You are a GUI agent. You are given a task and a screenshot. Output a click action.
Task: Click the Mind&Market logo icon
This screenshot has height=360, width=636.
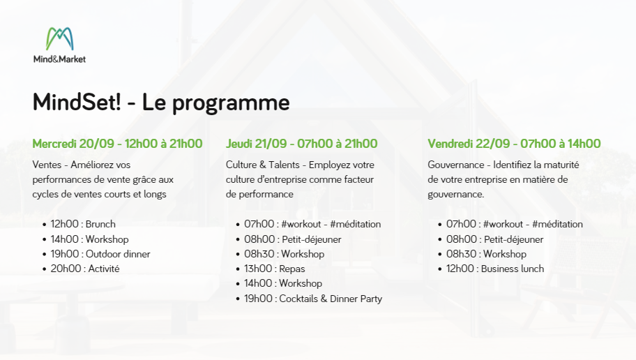[60, 38]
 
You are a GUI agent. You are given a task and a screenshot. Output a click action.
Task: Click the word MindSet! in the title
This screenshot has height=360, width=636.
[77, 102]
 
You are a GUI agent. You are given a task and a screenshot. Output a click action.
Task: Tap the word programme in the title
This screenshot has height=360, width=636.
[231, 104]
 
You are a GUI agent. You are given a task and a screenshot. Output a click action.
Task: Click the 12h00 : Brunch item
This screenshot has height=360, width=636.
[83, 224]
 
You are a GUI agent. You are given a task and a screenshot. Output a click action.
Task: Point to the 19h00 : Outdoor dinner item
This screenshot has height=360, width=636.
[100, 254]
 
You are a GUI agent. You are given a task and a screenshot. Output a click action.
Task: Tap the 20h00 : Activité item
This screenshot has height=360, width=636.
[85, 269]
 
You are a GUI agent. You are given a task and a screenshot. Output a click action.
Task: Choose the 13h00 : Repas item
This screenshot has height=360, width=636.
[274, 269]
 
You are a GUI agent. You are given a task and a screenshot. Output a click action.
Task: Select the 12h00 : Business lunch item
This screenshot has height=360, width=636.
[495, 269]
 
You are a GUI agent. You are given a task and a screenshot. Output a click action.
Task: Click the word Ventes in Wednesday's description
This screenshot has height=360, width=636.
[47, 165]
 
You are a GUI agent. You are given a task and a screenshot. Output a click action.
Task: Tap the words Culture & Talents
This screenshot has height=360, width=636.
[262, 165]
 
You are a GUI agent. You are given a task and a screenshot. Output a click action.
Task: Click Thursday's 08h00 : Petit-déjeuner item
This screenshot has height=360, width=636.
[292, 239]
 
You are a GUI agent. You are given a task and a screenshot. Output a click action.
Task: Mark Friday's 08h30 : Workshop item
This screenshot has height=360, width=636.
[486, 254]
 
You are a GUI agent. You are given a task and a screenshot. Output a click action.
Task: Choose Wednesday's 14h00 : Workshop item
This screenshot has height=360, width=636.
[89, 239]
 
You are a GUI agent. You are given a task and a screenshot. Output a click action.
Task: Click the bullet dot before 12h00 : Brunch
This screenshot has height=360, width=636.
[44, 225]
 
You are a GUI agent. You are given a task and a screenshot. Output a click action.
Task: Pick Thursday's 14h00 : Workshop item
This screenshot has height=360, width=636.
[283, 283]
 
